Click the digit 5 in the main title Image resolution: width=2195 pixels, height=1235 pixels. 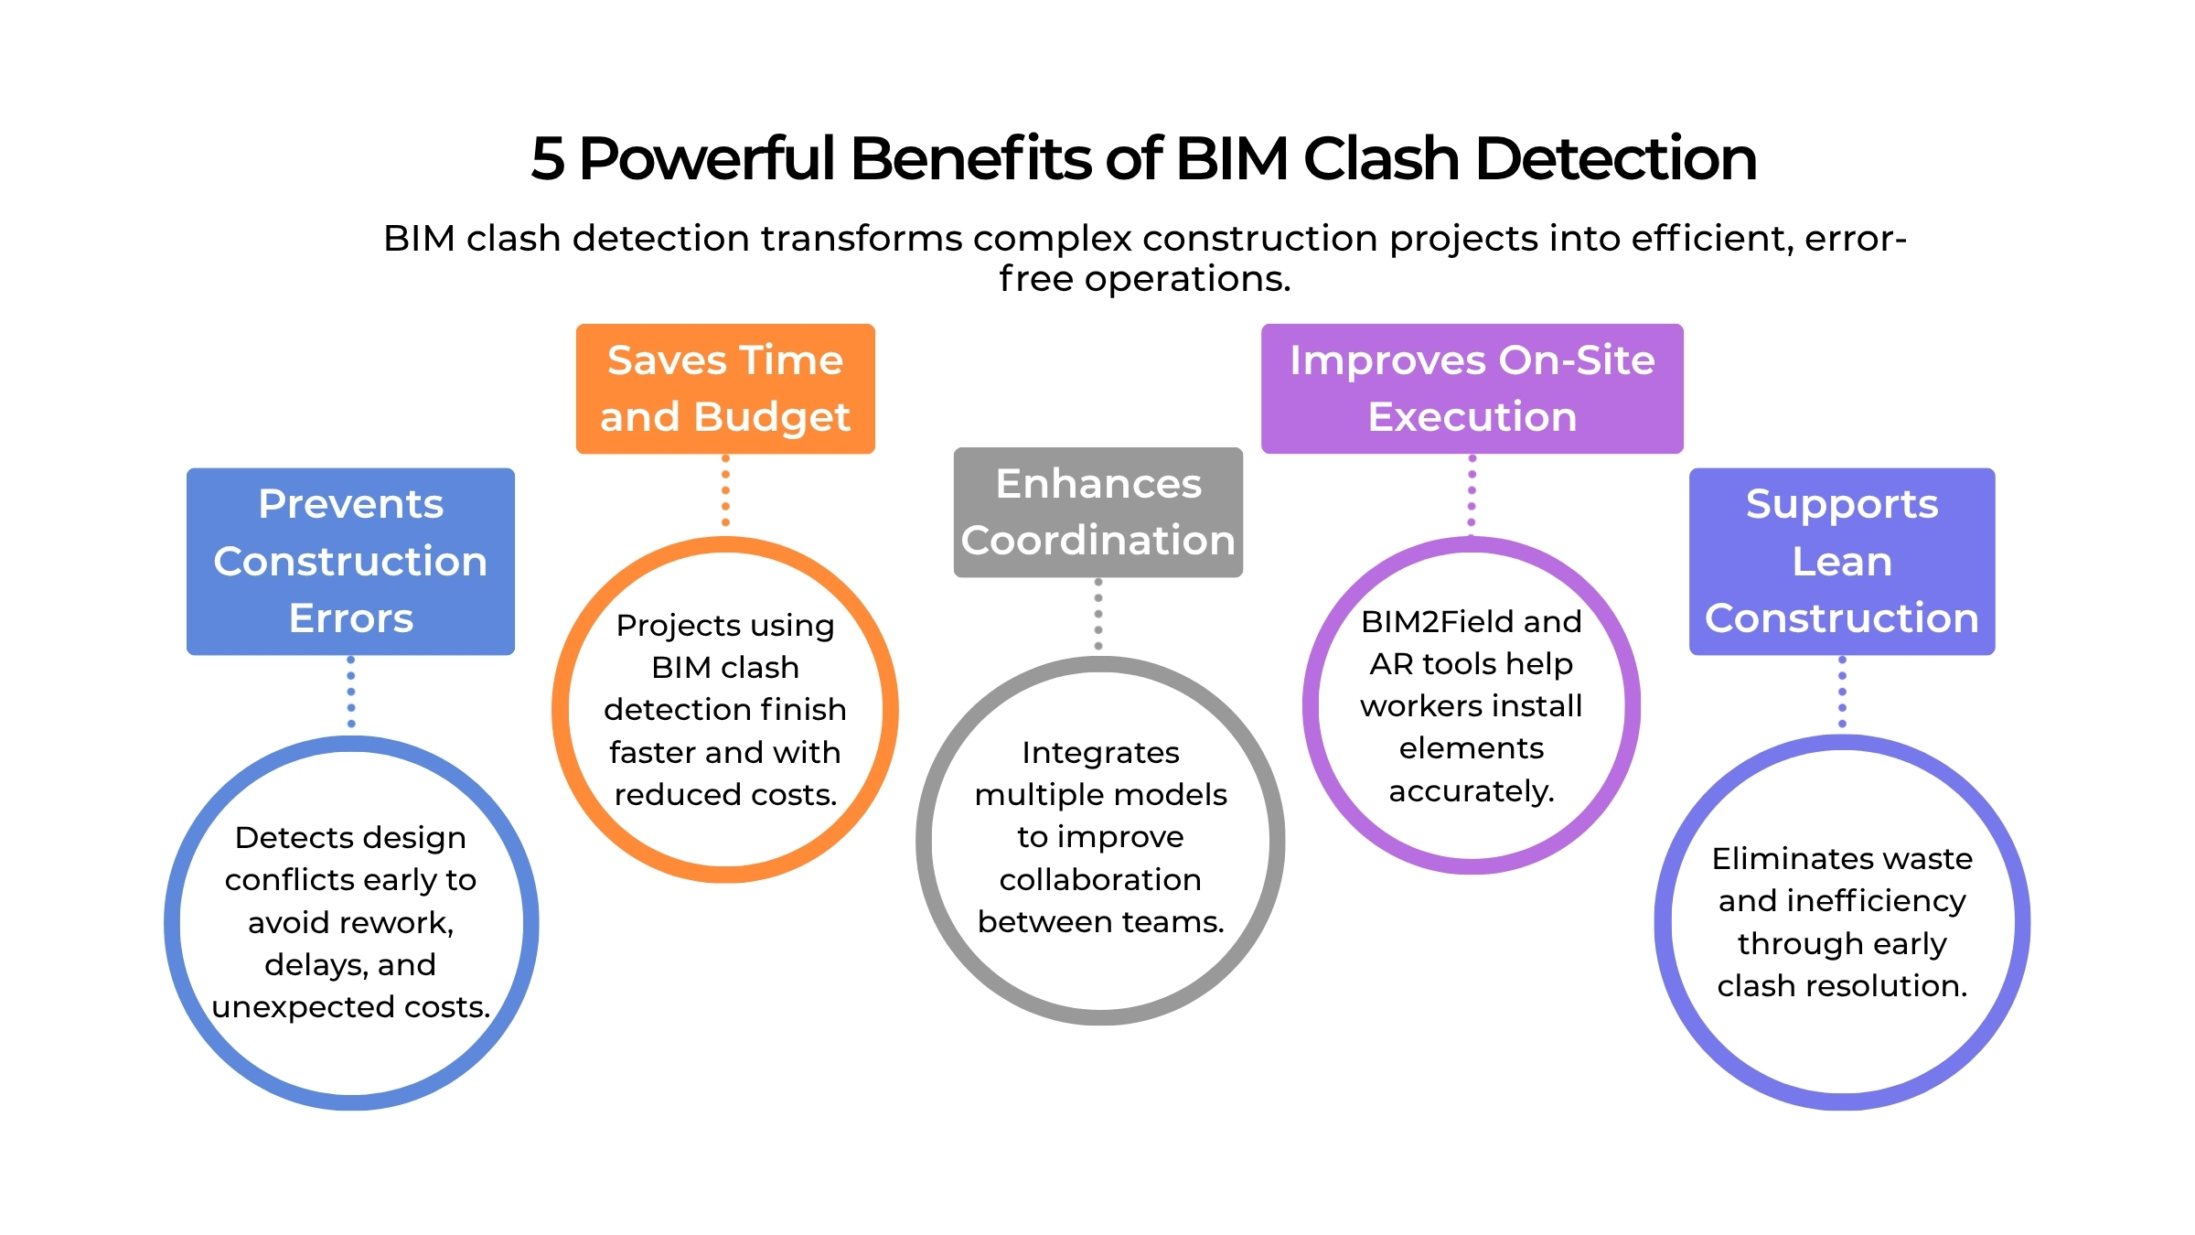[x=548, y=159]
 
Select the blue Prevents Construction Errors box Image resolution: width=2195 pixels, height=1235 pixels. [x=350, y=561]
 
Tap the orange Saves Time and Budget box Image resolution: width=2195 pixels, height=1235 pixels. [x=725, y=389]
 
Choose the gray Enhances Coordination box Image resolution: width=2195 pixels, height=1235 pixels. [x=1097, y=512]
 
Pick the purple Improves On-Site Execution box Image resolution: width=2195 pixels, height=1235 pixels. [x=1472, y=389]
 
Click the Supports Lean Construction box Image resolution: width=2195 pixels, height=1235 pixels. [x=1841, y=561]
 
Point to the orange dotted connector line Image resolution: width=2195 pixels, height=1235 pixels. [x=725, y=490]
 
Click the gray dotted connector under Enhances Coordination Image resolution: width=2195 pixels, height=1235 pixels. [x=1098, y=614]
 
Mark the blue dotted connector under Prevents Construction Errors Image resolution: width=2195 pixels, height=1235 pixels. [x=351, y=692]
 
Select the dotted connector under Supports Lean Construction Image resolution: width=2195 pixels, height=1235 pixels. [x=1842, y=692]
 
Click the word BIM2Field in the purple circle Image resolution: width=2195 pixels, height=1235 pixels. [x=1428, y=622]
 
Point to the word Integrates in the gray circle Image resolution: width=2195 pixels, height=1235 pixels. [x=1100, y=753]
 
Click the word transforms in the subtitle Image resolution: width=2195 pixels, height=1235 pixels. [x=862, y=239]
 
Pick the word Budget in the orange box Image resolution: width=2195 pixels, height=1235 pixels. [x=772, y=418]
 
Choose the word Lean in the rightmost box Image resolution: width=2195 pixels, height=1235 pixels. [x=1841, y=562]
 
